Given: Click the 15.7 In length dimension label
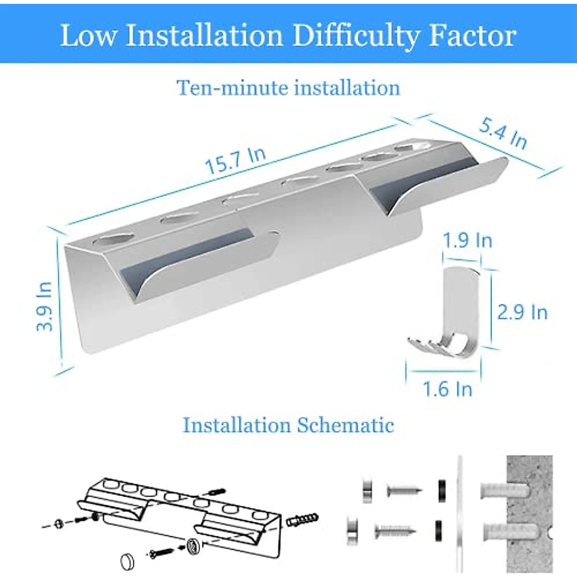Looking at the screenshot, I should tap(235, 161).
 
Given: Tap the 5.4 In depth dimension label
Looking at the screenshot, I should tap(503, 134).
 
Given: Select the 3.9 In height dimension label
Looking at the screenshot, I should tap(44, 306).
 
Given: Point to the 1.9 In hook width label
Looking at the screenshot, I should tap(467, 240).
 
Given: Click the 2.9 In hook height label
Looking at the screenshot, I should tap(522, 313).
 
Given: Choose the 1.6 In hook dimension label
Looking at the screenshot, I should tap(447, 389).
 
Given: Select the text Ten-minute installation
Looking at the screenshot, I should tap(288, 88).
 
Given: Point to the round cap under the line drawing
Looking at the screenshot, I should tap(127, 561).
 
